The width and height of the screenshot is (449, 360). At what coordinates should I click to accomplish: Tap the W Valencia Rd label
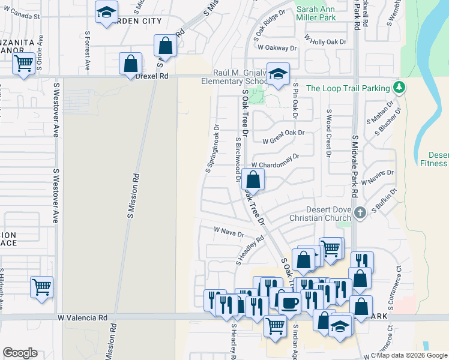pyautogui.click(x=82, y=317)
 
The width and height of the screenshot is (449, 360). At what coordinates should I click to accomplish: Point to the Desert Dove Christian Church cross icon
pyautogui.click(x=360, y=212)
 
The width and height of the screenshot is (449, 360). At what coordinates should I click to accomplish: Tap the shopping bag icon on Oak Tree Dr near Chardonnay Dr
pyautogui.click(x=254, y=179)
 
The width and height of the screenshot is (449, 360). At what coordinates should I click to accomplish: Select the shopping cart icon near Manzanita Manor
pyautogui.click(x=23, y=62)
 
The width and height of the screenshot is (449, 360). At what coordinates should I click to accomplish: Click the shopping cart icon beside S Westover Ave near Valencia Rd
pyautogui.click(x=41, y=287)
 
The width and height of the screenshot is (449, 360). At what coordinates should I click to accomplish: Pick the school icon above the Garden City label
pyautogui.click(x=106, y=12)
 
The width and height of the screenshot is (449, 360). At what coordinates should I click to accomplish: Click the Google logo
pyautogui.click(x=20, y=353)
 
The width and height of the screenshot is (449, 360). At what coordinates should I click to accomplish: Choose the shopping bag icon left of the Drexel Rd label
pyautogui.click(x=130, y=64)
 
